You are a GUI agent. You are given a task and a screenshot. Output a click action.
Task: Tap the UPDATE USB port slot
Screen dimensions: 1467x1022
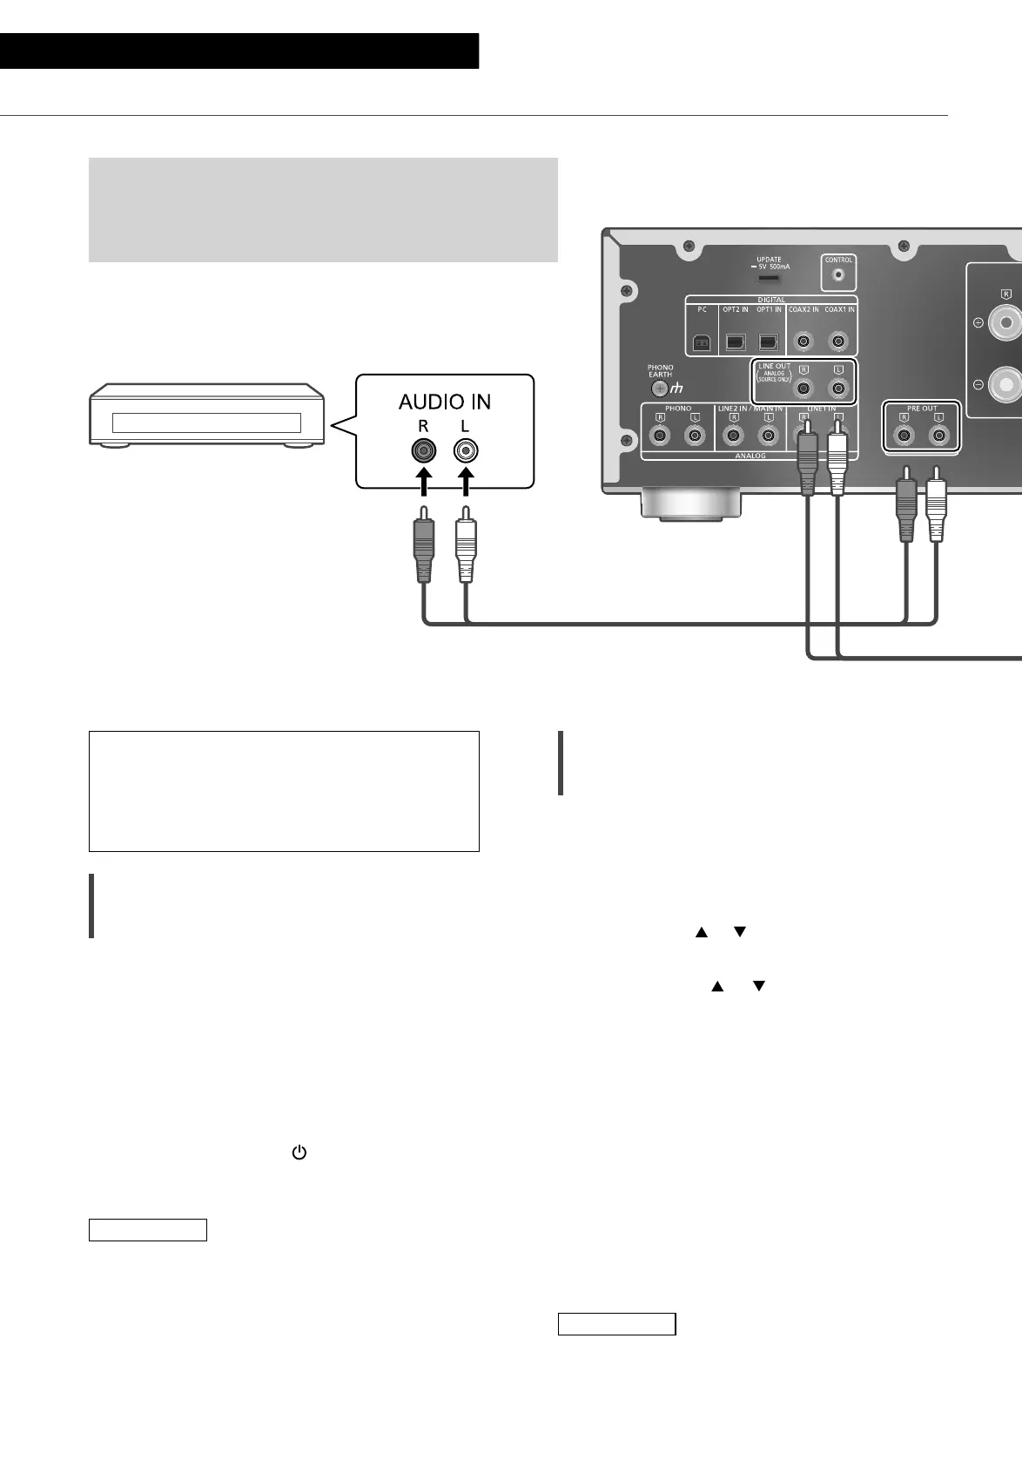coord(768,278)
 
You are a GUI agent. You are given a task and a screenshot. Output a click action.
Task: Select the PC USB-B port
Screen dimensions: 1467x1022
coord(702,342)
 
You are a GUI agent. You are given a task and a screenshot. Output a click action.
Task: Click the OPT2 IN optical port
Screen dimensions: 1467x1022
coord(735,342)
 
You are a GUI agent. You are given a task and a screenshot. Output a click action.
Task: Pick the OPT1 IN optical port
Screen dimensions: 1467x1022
coord(768,342)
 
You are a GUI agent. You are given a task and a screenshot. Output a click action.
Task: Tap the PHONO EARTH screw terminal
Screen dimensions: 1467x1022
coord(660,389)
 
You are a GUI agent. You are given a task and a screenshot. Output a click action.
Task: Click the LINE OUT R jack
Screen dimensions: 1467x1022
coord(803,389)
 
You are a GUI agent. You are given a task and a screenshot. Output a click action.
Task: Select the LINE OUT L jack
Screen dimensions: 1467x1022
coord(838,389)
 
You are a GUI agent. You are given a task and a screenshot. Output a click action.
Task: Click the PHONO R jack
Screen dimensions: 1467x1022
coord(661,436)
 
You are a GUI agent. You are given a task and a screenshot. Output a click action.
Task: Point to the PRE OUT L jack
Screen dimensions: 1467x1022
coord(938,436)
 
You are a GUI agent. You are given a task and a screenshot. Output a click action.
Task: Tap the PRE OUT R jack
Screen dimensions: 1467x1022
coord(904,436)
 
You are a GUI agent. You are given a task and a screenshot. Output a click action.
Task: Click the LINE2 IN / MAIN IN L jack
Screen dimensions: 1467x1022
coord(768,436)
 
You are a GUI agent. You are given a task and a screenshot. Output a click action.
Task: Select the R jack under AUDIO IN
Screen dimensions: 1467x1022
coord(423,450)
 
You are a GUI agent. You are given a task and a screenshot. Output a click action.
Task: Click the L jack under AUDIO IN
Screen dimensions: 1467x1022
coord(466,450)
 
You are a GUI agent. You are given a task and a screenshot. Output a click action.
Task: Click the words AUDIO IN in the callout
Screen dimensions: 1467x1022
coord(444,402)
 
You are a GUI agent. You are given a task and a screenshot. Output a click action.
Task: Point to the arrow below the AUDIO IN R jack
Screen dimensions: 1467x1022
coord(423,484)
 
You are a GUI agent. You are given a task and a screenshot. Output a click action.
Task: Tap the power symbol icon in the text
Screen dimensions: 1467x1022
coord(299,1153)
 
